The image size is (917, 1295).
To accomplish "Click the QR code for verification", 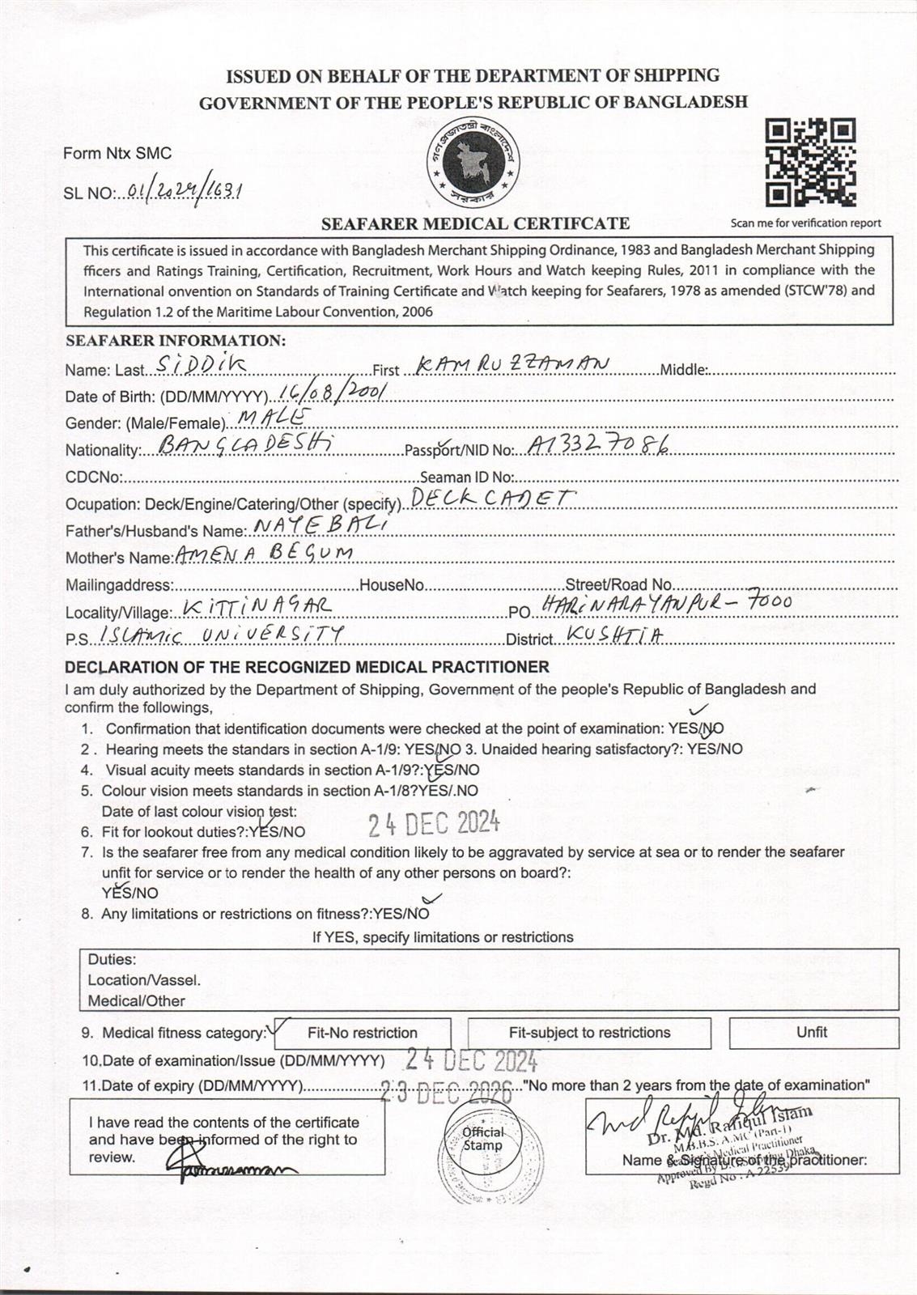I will click(810, 163).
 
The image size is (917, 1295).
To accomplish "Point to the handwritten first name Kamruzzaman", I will click(512, 365).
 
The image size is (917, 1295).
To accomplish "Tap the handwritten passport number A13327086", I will click(598, 444).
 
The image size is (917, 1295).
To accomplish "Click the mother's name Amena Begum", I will click(264, 553).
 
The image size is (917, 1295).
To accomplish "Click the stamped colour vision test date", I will click(434, 824).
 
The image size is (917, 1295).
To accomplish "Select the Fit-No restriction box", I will click(362, 1033).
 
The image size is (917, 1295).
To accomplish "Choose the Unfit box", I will click(813, 1032).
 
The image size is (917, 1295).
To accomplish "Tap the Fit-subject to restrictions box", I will click(589, 1033).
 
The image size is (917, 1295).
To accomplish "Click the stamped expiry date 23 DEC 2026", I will click(447, 1092).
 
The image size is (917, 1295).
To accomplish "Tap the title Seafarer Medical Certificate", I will click(475, 223).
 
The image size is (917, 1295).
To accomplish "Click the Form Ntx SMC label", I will click(117, 153).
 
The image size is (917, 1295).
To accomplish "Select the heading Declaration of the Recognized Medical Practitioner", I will click(307, 667).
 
